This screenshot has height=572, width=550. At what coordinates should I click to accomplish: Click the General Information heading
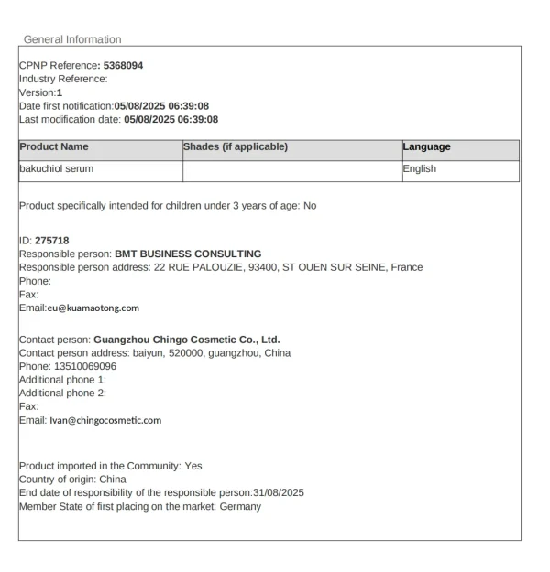tap(71, 39)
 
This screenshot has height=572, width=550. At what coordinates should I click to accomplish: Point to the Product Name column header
tap(54, 147)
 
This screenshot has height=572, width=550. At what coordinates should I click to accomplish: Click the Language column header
tap(426, 147)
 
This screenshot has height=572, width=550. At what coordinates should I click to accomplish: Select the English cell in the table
tap(420, 169)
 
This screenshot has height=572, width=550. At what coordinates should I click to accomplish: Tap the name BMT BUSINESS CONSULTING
tap(188, 254)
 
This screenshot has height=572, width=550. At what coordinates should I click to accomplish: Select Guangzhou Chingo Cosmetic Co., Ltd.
tap(186, 340)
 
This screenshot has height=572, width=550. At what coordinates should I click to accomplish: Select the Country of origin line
tap(72, 480)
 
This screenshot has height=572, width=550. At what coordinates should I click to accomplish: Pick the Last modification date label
tap(66, 118)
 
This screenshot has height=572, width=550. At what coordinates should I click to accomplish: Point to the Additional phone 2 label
tap(61, 393)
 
